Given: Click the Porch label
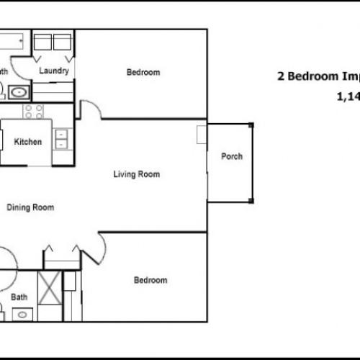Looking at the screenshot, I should point(231,157).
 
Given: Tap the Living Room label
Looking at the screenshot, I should point(136,174).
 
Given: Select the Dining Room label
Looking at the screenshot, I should point(30,207).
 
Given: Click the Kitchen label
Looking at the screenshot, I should point(28,142).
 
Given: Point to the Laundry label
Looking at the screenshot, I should point(54,71).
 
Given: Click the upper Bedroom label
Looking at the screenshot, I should point(143,72).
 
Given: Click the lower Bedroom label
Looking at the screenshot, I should point(150,280).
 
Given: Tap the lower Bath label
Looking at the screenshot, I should point(19,297).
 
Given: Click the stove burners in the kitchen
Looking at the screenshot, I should point(34,111).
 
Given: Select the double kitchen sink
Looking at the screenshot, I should point(62,138).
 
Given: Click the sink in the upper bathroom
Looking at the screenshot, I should point(19,92).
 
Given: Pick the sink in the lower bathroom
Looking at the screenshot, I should point(22,315).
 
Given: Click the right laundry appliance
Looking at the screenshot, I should point(63,41).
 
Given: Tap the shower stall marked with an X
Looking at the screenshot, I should point(50,287).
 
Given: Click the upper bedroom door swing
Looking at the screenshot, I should point(90,110).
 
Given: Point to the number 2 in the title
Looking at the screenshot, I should point(281,78).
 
